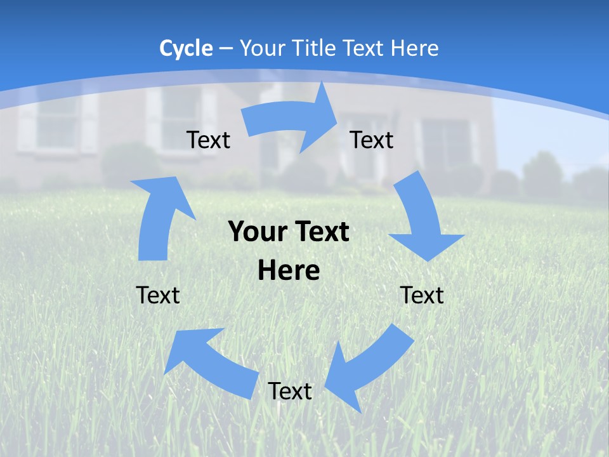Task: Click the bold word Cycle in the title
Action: pyautogui.click(x=186, y=48)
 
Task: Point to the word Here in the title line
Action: pyautogui.click(x=414, y=48)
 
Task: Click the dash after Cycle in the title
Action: pyautogui.click(x=226, y=49)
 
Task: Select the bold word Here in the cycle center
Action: pyautogui.click(x=289, y=271)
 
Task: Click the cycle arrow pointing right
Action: pyautogui.click(x=292, y=119)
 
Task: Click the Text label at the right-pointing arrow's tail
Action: pyautogui.click(x=209, y=140)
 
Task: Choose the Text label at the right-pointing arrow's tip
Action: pyautogui.click(x=372, y=140)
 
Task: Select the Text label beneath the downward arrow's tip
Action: pyautogui.click(x=422, y=295)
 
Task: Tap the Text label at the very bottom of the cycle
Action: pyautogui.click(x=290, y=392)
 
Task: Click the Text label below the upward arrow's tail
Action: pyautogui.click(x=158, y=295)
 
